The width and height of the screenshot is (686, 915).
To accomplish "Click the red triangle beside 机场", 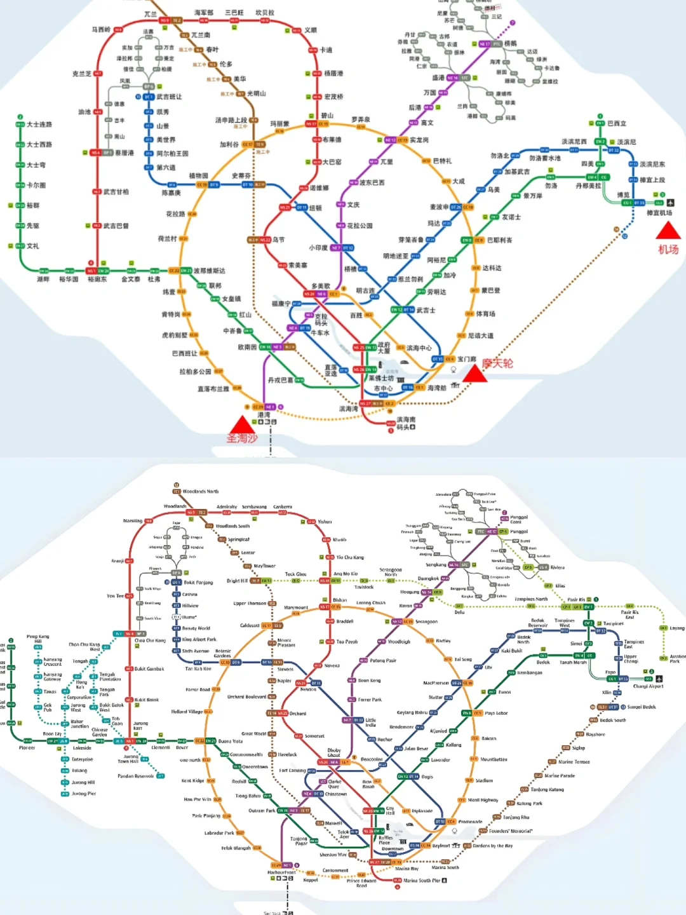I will (668, 230).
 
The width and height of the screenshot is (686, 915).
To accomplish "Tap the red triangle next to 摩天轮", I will (474, 373).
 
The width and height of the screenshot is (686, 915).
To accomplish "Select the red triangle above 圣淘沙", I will (241, 424).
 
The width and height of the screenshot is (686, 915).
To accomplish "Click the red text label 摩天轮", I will (497, 363).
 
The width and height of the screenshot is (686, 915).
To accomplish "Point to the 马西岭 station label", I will (101, 29).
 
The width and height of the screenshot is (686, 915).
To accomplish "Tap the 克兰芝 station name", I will (81, 74).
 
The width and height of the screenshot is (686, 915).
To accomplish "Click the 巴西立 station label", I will (616, 123).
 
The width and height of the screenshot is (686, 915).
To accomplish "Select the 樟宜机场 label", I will (659, 213).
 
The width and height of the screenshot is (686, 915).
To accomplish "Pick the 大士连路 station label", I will (39, 125).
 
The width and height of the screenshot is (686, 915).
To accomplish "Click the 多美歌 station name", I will (321, 286).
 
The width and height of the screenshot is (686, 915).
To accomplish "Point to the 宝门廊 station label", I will (467, 359).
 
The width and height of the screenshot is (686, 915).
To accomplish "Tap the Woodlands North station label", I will (201, 491).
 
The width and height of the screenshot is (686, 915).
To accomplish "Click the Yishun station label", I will (325, 522).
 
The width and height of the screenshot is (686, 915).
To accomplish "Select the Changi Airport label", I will (648, 686).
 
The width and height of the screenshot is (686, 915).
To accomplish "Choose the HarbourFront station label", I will (281, 872).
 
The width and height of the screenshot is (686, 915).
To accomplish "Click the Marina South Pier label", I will (422, 881).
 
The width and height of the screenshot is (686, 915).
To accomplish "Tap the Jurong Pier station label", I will (84, 794).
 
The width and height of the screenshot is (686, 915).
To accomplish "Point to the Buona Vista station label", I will (230, 741).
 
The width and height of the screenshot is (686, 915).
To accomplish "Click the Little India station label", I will (371, 722).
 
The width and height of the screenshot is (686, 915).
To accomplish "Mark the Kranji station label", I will (118, 561).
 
